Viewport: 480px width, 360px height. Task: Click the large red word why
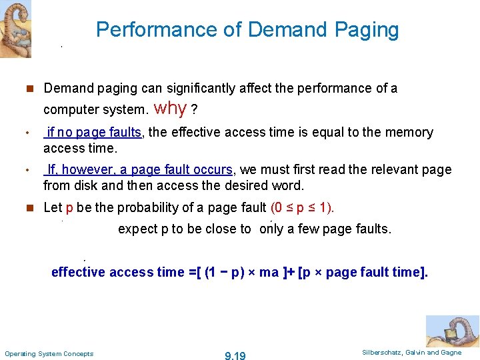coord(170,107)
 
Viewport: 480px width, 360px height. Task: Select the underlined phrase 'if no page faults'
coord(93,132)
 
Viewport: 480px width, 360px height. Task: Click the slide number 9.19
coord(235,356)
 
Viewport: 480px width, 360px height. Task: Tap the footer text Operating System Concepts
coord(49,353)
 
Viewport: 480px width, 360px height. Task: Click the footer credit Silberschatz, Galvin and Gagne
coord(411,352)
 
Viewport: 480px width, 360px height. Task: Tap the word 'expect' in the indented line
coord(138,229)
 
